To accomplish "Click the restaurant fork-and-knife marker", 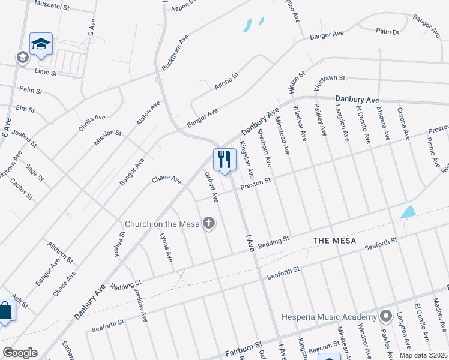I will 224,160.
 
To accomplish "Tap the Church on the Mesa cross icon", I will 209,224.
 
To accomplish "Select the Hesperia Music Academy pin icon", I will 385,316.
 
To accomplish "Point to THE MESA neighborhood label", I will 334,241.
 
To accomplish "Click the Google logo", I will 20,353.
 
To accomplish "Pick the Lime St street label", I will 46,73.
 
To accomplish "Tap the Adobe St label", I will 227,82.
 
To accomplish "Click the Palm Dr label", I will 387,31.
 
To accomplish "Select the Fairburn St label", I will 244,350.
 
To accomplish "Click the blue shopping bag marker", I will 5,311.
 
